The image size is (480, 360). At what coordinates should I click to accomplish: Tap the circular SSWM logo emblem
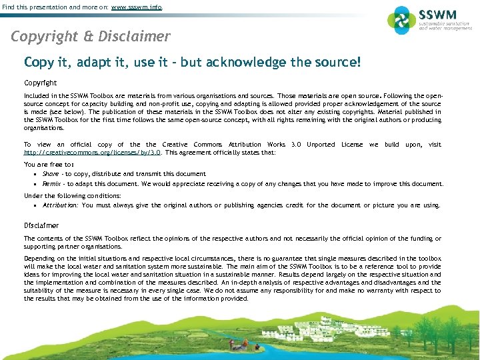[x=401, y=20]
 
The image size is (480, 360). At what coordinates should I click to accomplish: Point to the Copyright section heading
[x=40, y=83]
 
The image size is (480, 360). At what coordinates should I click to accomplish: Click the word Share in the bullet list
[x=51, y=174]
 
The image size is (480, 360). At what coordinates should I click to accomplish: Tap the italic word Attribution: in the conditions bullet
[x=60, y=206]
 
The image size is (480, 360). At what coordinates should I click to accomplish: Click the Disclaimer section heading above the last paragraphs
[x=41, y=226]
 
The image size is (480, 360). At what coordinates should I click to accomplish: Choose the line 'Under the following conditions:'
[x=72, y=196]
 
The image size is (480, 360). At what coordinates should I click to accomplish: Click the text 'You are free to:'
[x=49, y=164]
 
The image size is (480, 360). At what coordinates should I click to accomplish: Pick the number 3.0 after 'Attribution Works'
[x=295, y=145]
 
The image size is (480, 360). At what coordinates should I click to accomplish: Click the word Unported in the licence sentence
[x=321, y=145]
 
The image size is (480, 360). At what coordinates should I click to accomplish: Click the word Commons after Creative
[x=207, y=145]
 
